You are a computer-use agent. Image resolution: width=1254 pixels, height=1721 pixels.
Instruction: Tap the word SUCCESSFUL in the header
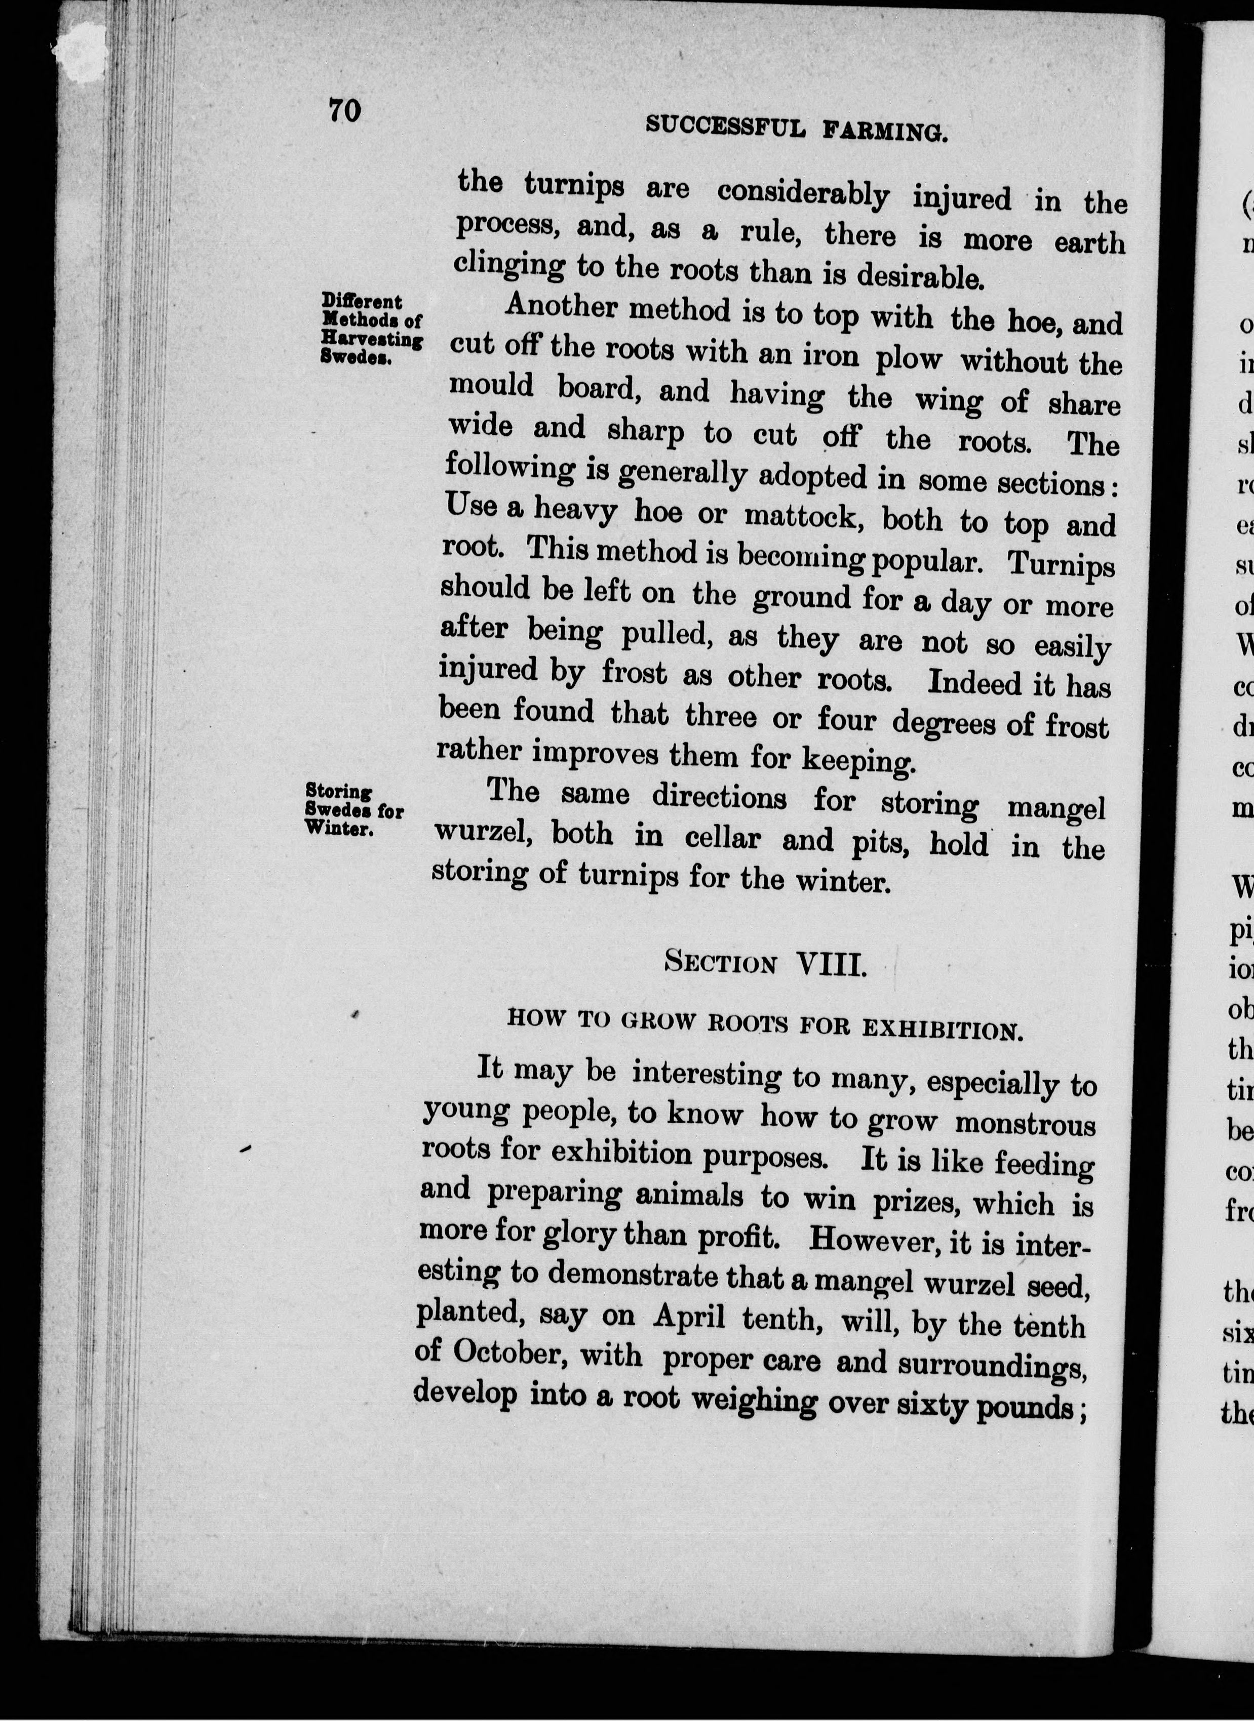[725, 127]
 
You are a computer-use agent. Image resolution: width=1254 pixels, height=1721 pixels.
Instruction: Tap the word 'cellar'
[722, 838]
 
